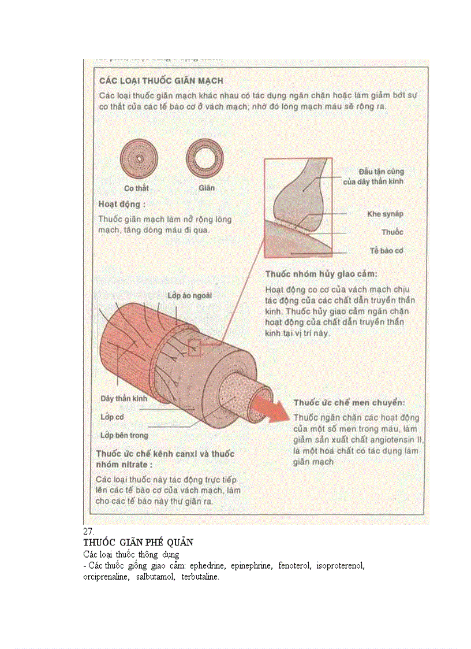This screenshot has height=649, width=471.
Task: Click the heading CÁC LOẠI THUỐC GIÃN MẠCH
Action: (161, 80)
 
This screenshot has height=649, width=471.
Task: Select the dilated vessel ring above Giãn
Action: (205, 158)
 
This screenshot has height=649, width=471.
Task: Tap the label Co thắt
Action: (137, 188)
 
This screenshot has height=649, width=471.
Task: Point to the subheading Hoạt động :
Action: (122, 204)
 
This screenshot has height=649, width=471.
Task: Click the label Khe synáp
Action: (385, 214)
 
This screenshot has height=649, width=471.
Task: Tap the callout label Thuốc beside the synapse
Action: (392, 232)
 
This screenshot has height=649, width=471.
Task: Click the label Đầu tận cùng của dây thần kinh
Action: (381, 176)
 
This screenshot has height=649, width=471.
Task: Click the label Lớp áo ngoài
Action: (189, 295)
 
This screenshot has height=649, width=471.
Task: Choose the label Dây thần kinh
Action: (124, 399)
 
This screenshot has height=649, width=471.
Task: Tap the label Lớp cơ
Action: (112, 417)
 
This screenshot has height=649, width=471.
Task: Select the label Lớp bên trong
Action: (124, 435)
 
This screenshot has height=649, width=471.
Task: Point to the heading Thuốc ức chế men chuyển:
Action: (349, 402)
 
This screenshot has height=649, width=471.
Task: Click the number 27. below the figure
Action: (88, 531)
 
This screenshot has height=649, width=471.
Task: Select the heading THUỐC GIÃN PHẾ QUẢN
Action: (138, 543)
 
